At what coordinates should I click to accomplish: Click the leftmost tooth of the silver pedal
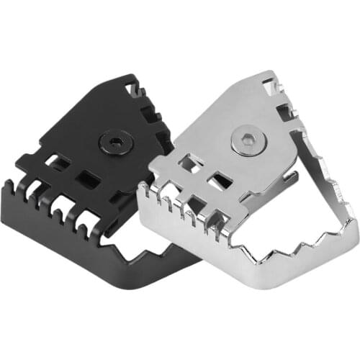144,189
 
